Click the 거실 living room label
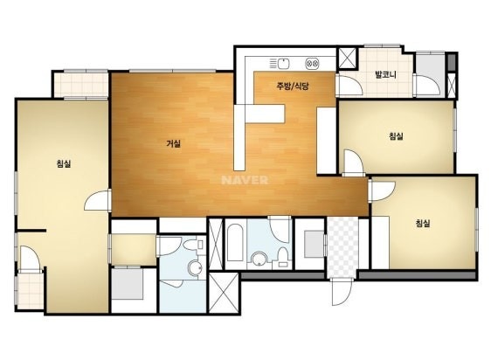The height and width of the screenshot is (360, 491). tap(173, 144)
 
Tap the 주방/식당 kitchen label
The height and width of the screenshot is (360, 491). tap(293, 86)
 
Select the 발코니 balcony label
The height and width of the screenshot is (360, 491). tap(386, 74)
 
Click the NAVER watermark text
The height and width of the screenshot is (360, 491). tap(245, 180)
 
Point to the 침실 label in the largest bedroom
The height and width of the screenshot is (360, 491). tap(64, 163)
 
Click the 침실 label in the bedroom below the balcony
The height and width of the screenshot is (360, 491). tap(396, 136)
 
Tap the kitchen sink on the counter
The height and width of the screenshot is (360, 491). tap(283, 64)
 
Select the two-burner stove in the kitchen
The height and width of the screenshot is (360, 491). tap(312, 64)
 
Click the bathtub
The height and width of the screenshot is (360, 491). tap(235, 243)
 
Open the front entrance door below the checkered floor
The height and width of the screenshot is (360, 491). tap(342, 292)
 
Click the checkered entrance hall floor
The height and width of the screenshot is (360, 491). tap(342, 247)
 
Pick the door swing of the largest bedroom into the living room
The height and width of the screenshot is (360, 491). tap(97, 200)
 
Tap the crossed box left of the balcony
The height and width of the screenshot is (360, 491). tap(347, 58)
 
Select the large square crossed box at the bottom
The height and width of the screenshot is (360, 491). tap(224, 293)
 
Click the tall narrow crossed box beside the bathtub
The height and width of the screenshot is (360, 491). tap(215, 244)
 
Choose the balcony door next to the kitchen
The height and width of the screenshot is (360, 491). tap(349, 86)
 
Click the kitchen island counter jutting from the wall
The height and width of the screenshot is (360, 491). tap(265, 114)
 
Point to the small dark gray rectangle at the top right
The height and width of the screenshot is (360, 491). tap(451, 62)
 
